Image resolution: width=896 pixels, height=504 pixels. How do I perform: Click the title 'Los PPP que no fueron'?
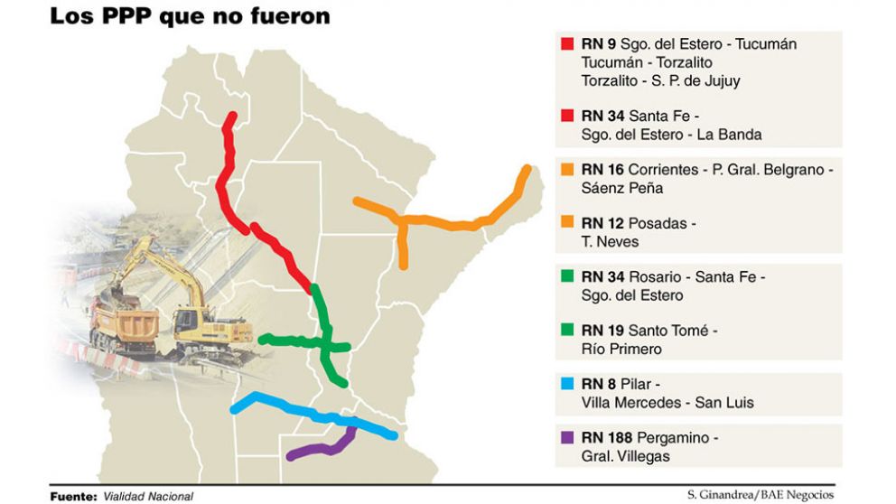click(189, 15)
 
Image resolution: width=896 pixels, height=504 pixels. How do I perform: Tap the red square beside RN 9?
click(568, 43)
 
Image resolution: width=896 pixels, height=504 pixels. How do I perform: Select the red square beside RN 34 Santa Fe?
click(568, 115)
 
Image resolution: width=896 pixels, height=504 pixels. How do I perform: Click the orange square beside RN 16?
click(568, 169)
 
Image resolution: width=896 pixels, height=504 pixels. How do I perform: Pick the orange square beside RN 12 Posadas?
click(568, 222)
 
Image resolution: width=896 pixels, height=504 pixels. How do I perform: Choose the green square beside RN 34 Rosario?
click(568, 276)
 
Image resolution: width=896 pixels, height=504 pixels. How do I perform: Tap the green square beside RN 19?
click(568, 330)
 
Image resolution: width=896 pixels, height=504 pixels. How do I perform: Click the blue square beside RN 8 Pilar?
click(568, 384)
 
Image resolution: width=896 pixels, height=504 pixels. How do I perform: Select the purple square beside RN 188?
click(568, 438)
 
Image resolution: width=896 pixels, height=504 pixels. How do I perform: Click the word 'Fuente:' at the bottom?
click(73, 496)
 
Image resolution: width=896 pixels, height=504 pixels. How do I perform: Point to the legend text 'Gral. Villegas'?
click(627, 456)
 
